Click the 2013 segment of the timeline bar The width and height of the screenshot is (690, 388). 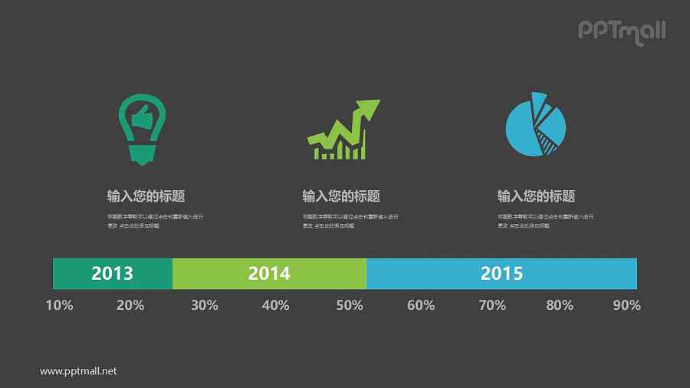click(112, 274)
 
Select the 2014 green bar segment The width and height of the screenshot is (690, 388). click(269, 274)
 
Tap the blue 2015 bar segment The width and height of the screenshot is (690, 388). click(501, 274)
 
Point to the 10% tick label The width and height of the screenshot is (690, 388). click(59, 305)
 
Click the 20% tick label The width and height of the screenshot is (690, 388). click(130, 305)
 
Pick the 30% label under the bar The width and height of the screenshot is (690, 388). click(204, 305)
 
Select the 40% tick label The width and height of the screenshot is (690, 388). click(275, 305)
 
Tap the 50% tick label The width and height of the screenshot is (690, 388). click(349, 305)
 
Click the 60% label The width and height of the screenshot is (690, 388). click(421, 305)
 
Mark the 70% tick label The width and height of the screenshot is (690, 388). click(492, 305)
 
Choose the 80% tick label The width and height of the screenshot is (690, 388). click(560, 305)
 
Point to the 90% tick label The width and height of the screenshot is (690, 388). click(626, 305)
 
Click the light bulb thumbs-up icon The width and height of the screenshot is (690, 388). click(142, 128)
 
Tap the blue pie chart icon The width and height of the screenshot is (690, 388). click(535, 124)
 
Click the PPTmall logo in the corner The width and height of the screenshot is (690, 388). click(621, 31)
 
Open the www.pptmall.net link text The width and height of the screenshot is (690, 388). click(78, 371)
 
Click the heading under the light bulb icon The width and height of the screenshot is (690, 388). click(146, 196)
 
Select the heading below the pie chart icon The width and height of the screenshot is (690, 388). click(536, 196)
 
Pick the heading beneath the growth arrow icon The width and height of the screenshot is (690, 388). click(341, 196)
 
